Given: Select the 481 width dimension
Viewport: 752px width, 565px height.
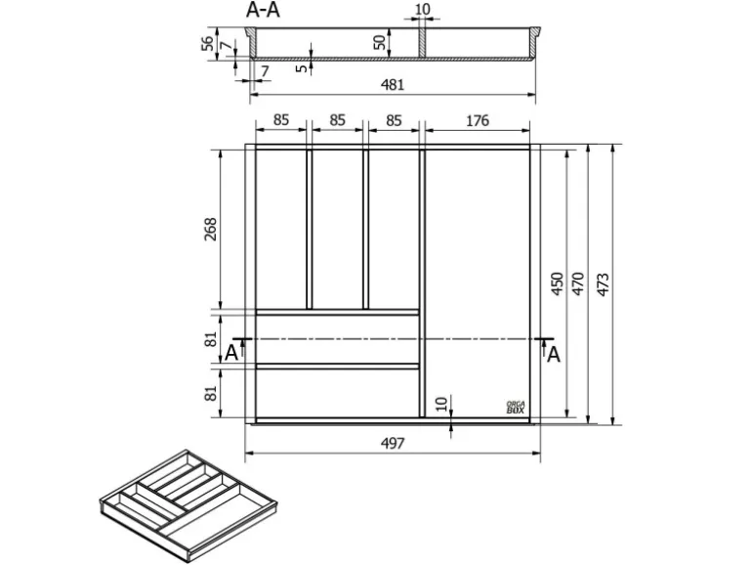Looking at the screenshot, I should pyautogui.click(x=392, y=85).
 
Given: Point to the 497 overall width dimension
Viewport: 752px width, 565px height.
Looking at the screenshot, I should pyautogui.click(x=392, y=443).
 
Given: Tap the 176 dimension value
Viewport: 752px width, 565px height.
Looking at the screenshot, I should pyautogui.click(x=477, y=121).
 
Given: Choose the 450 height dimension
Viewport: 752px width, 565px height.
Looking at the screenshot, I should pyautogui.click(x=556, y=283).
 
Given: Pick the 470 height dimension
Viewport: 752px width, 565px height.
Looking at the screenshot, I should pyautogui.click(x=578, y=283).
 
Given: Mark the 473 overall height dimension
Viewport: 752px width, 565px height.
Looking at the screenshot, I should pyautogui.click(x=603, y=283).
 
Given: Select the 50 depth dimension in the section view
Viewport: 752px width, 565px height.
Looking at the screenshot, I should pyautogui.click(x=379, y=43).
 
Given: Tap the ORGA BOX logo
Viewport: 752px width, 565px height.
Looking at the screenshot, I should pyautogui.click(x=516, y=407).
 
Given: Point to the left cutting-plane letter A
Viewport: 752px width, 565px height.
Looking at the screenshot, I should pyautogui.click(x=230, y=353).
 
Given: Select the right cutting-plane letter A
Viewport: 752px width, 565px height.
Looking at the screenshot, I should pyautogui.click(x=553, y=354).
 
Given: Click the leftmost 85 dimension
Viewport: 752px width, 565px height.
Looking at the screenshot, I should pyautogui.click(x=281, y=121).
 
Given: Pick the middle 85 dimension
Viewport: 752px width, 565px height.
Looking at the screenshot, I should pyautogui.click(x=338, y=121).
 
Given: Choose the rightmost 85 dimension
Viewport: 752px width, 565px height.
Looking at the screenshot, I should pyautogui.click(x=395, y=121).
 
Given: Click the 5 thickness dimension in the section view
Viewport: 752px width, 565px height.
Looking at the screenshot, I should pyautogui.click(x=302, y=67).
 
